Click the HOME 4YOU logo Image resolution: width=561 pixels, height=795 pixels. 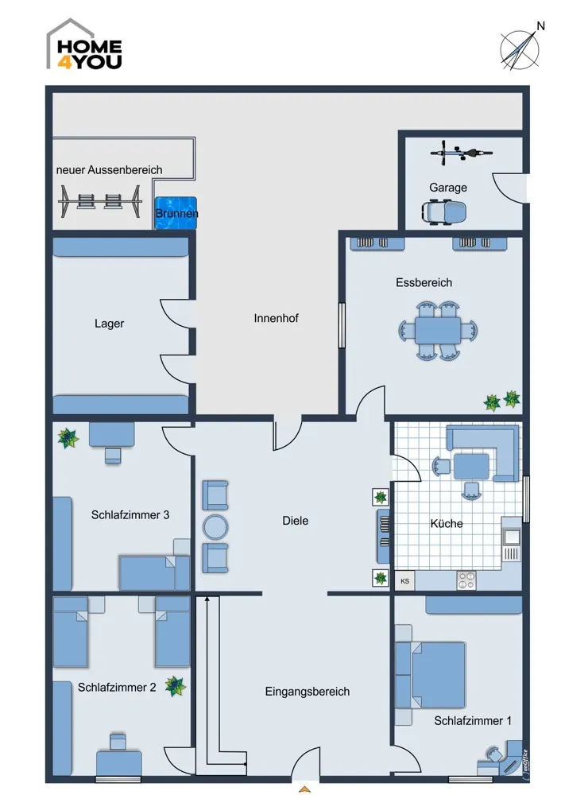pyautogui.click(x=84, y=45)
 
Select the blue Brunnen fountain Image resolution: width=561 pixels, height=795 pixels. pyautogui.click(x=176, y=213)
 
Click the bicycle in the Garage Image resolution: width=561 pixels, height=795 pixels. pyautogui.click(x=461, y=152)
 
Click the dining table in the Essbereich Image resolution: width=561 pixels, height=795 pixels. pyautogui.click(x=438, y=331)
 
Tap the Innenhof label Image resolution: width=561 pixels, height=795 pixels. pyautogui.click(x=277, y=319)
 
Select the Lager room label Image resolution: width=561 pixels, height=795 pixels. pyautogui.click(x=110, y=324)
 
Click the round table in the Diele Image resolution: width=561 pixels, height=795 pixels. pyautogui.click(x=215, y=527)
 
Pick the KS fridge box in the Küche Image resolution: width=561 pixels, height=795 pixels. pyautogui.click(x=405, y=581)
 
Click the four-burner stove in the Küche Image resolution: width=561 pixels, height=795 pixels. pyautogui.click(x=466, y=580)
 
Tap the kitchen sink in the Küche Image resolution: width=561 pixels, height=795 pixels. pyautogui.click(x=511, y=536)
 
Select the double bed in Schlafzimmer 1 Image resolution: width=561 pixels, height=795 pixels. pyautogui.click(x=430, y=675)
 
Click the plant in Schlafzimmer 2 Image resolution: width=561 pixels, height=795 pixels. pyautogui.click(x=176, y=686)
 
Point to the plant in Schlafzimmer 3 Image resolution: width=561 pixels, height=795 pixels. pyautogui.click(x=68, y=438)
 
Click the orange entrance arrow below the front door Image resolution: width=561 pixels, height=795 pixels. pyautogui.click(x=304, y=789)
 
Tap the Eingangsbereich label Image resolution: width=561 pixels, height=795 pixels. pyautogui.click(x=307, y=692)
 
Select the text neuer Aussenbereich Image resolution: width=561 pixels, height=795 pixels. pyautogui.click(x=110, y=170)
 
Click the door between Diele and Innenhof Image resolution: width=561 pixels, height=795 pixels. pyautogui.click(x=288, y=432)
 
